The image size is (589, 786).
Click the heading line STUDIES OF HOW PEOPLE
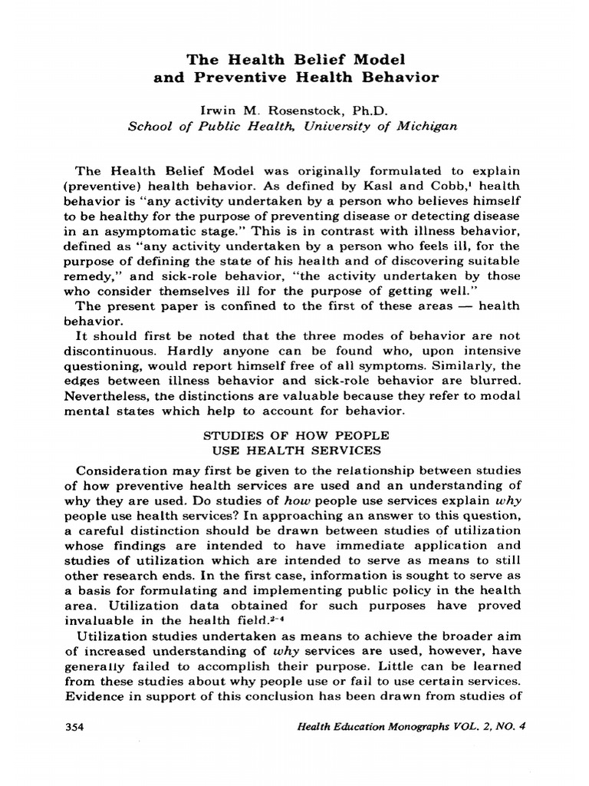(294, 436)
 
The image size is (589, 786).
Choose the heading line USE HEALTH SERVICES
(294, 451)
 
